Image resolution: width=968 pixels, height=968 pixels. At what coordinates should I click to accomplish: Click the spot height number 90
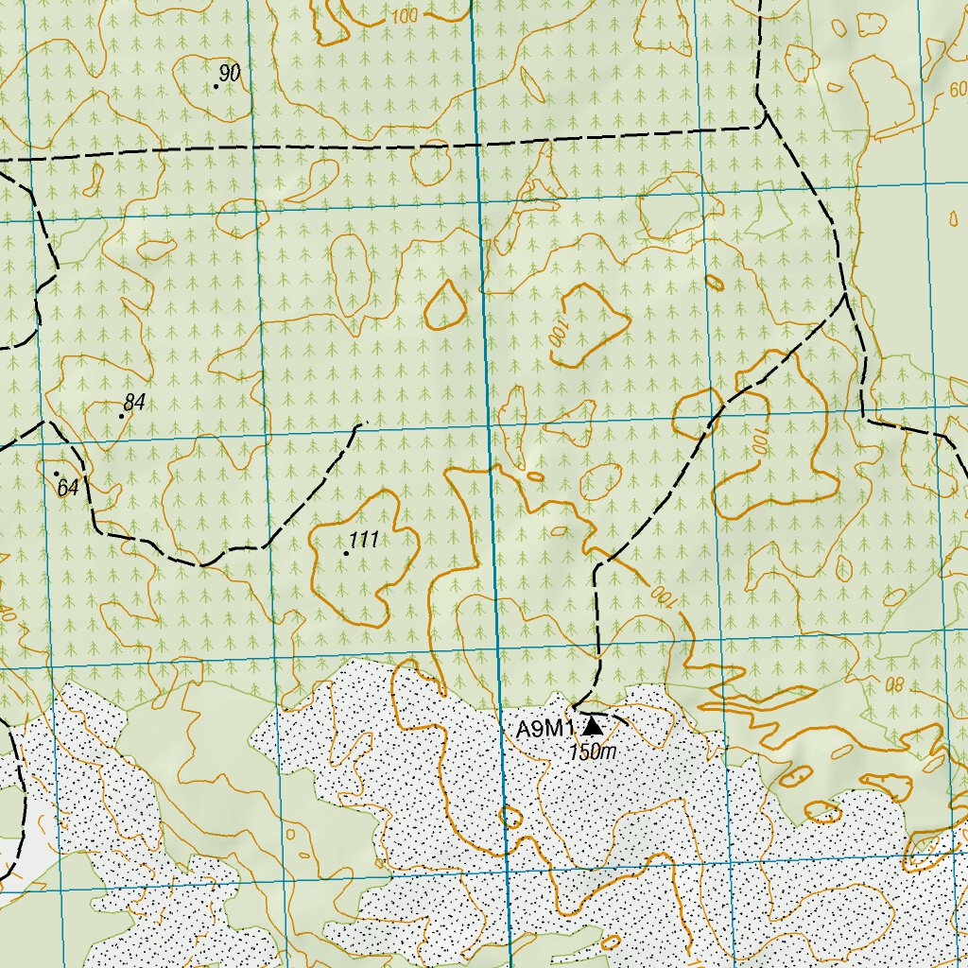pos(230,73)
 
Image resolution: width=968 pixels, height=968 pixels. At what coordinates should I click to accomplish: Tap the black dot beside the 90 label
pos(216,86)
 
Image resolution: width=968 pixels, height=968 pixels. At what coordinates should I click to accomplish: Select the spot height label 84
pos(134,404)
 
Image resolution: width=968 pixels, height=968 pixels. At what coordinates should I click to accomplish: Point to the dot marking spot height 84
pos(122,416)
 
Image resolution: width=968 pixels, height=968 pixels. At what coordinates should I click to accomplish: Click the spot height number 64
pos(67,489)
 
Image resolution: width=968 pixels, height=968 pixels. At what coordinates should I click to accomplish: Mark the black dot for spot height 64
pos(57,474)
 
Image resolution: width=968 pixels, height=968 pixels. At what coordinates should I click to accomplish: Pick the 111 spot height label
pos(364,540)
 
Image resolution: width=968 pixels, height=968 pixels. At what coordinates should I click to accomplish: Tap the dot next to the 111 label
pos(346,553)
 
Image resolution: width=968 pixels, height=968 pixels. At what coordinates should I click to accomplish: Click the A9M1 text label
pos(545,729)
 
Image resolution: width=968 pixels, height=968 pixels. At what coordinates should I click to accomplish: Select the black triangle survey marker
pos(593,726)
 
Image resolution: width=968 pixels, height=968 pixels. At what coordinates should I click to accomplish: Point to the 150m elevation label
pos(593,752)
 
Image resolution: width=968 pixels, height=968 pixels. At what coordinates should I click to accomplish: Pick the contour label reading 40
pos(8,614)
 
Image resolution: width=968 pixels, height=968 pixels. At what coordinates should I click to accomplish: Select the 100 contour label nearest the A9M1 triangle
pos(664,596)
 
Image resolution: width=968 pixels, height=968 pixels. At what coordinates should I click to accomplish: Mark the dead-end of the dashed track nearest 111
pos(363,423)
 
